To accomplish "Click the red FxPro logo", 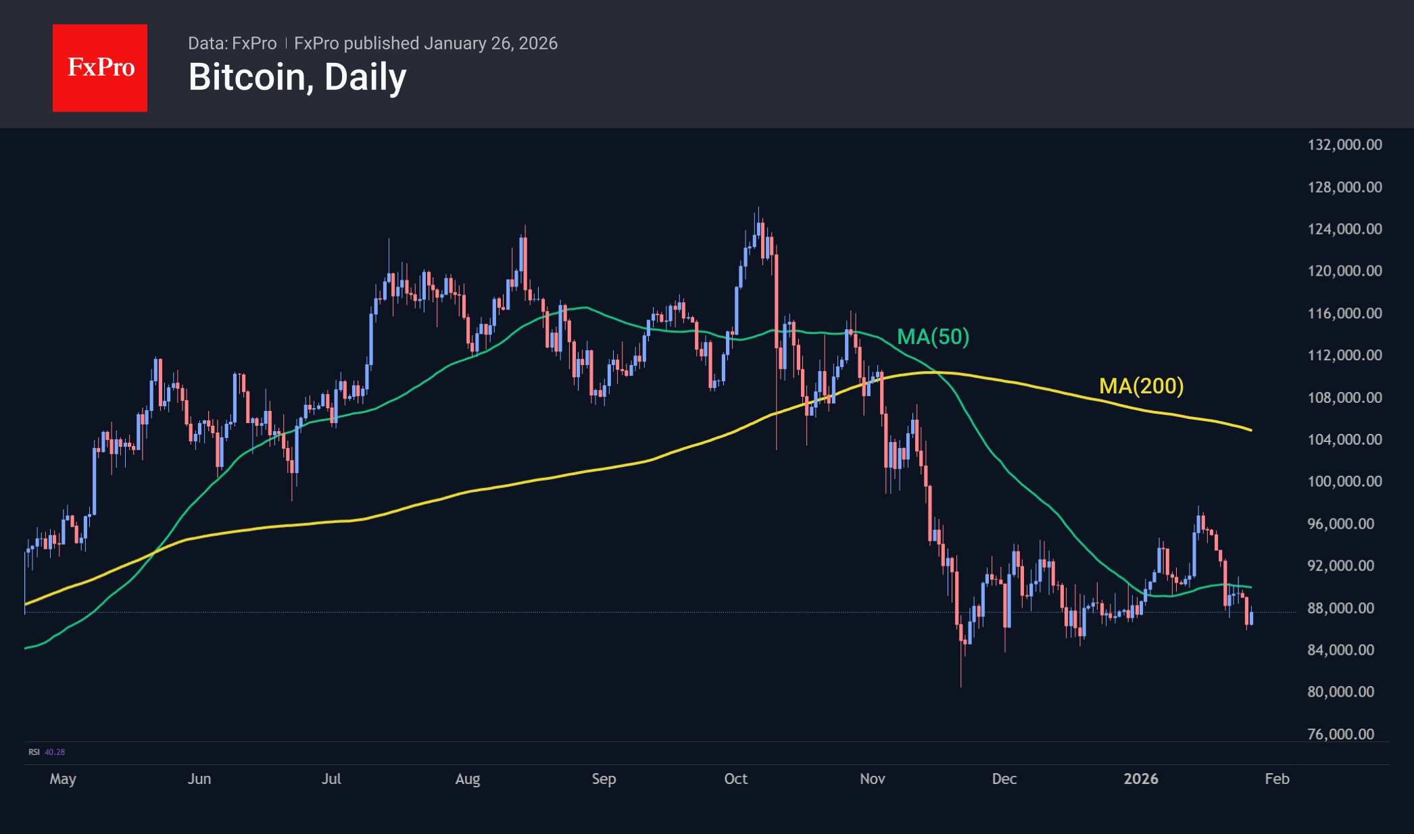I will click(x=100, y=68).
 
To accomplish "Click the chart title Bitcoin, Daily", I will click(x=297, y=77).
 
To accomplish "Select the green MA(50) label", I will click(x=933, y=337).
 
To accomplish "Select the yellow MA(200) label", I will click(x=1141, y=386).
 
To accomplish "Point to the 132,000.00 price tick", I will click(x=1344, y=145).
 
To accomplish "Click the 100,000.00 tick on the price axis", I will click(x=1344, y=481).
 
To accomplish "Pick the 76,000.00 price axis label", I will click(x=1340, y=734).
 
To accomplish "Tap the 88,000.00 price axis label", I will click(x=1340, y=608).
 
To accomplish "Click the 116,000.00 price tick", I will click(x=1344, y=313).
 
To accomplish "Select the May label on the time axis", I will click(x=63, y=779).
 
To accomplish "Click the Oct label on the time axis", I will click(x=735, y=779).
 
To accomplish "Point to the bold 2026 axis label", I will click(x=1140, y=779).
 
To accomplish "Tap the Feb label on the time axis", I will click(x=1277, y=779).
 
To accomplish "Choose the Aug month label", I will click(x=468, y=779).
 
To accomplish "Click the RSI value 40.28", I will click(x=55, y=752).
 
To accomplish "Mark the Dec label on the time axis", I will click(x=1004, y=779).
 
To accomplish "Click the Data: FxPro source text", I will click(x=232, y=43).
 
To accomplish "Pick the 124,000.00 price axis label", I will click(x=1344, y=228).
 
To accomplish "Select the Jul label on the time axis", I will click(x=331, y=779).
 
